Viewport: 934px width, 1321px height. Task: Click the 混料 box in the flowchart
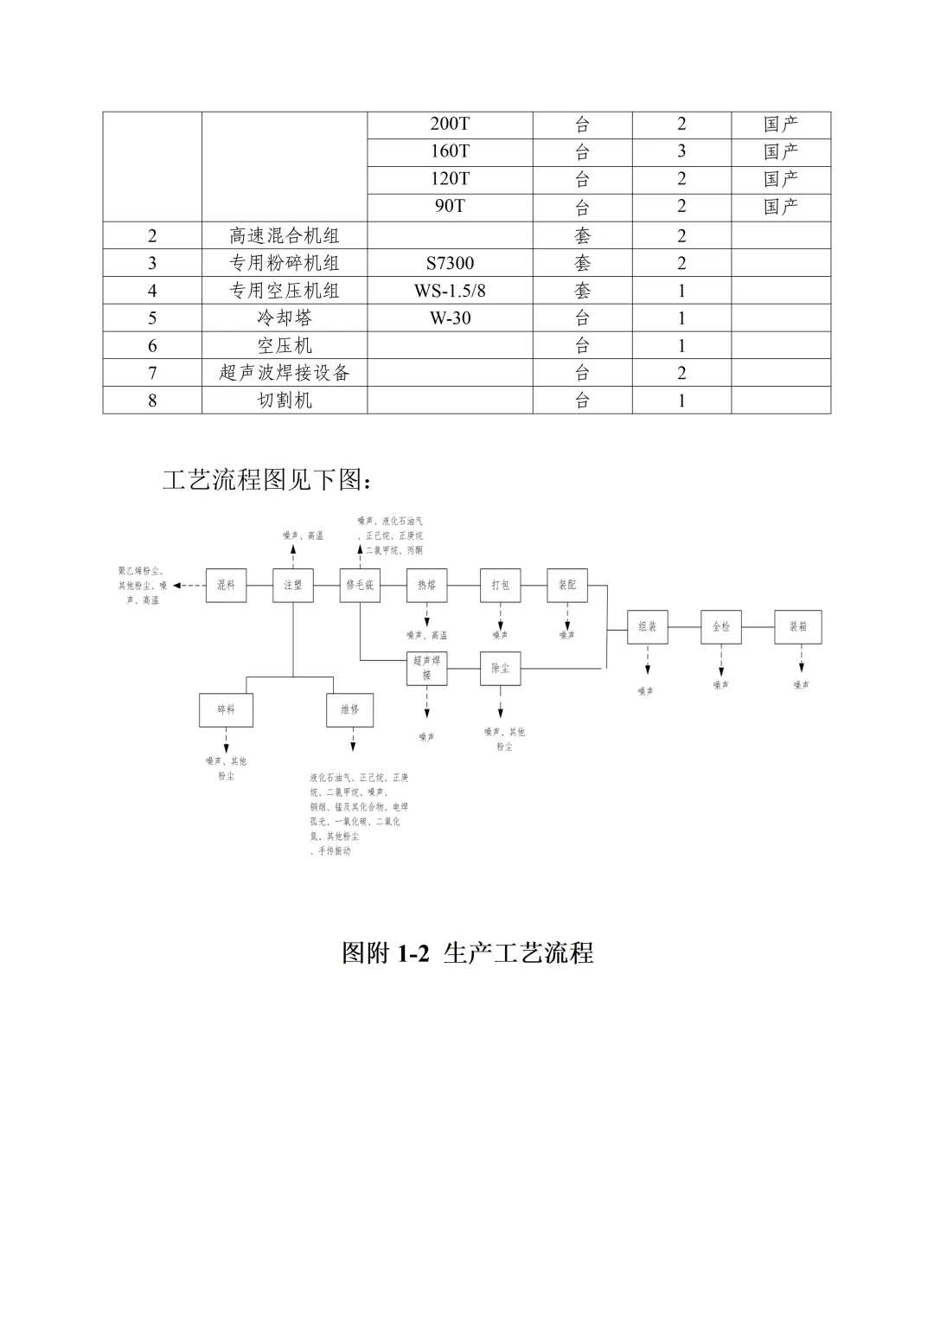(x=226, y=585)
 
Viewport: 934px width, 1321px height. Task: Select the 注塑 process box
(x=293, y=585)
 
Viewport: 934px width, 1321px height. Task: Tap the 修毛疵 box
(x=360, y=585)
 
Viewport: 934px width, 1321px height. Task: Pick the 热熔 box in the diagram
(x=427, y=585)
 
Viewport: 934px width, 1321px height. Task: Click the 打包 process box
(x=500, y=585)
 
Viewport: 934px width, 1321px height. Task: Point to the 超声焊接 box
(x=427, y=668)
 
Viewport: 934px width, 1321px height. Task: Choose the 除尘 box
(x=500, y=668)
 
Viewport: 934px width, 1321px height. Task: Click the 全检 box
(x=721, y=626)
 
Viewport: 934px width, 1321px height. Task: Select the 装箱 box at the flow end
(x=797, y=626)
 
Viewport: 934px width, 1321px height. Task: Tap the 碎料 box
(x=226, y=709)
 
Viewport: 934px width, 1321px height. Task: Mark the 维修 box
(x=349, y=709)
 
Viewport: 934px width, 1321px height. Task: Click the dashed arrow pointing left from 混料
(x=189, y=586)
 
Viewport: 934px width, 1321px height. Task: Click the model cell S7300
(x=450, y=263)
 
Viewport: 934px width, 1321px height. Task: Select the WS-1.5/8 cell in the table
(x=450, y=291)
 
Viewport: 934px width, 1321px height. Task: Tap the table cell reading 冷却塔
(x=285, y=318)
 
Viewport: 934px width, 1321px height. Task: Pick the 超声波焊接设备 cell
(x=285, y=373)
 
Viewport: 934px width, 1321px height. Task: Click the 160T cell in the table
(x=450, y=151)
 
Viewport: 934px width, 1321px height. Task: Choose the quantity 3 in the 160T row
(x=681, y=151)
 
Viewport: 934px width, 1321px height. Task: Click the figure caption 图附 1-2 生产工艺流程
(x=467, y=952)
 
